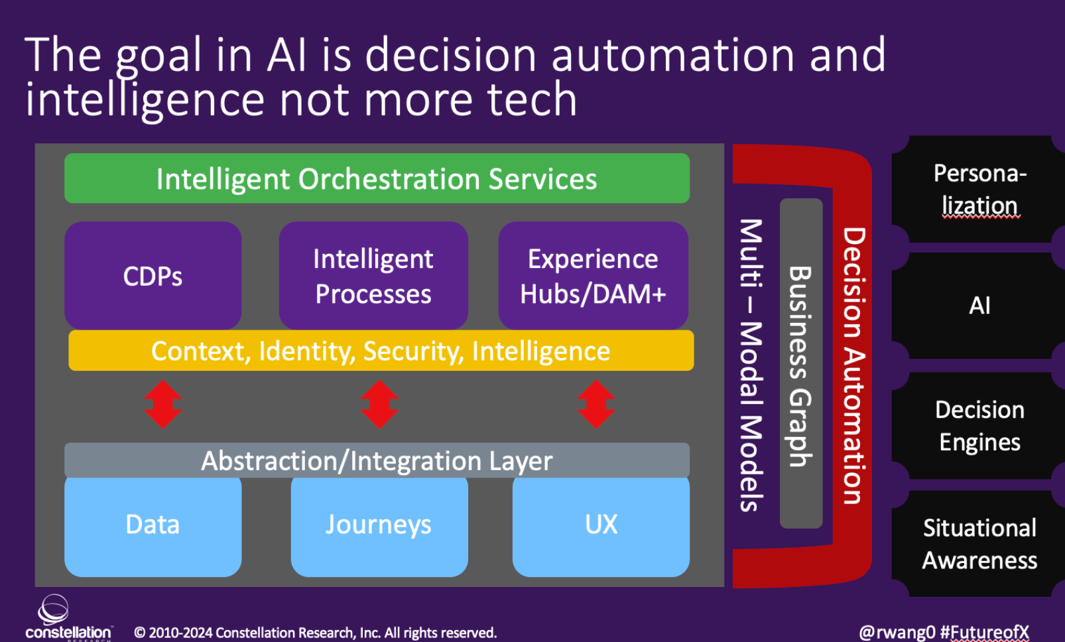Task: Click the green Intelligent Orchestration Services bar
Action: pos(377,178)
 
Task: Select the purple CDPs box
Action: pos(153,275)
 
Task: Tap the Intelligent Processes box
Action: pos(373,275)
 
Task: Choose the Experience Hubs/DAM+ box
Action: pos(593,275)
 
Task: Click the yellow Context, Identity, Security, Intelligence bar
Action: pos(381,350)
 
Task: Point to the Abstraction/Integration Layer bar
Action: pos(377,460)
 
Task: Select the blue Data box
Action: pos(153,526)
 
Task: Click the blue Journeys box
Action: pos(379,526)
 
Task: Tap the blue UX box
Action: pos(601,526)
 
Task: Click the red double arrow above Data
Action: pos(163,404)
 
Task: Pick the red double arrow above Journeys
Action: pos(379,404)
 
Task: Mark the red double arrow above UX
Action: pos(596,404)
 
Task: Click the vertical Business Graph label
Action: pos(801,365)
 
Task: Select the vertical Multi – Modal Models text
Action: pos(751,365)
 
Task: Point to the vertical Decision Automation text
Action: pos(854,365)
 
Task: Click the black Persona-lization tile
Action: pos(979,189)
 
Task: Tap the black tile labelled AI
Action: pos(979,306)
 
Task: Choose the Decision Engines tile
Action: pos(979,425)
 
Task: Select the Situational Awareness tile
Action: pos(979,544)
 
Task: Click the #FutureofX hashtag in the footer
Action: pos(985,632)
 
